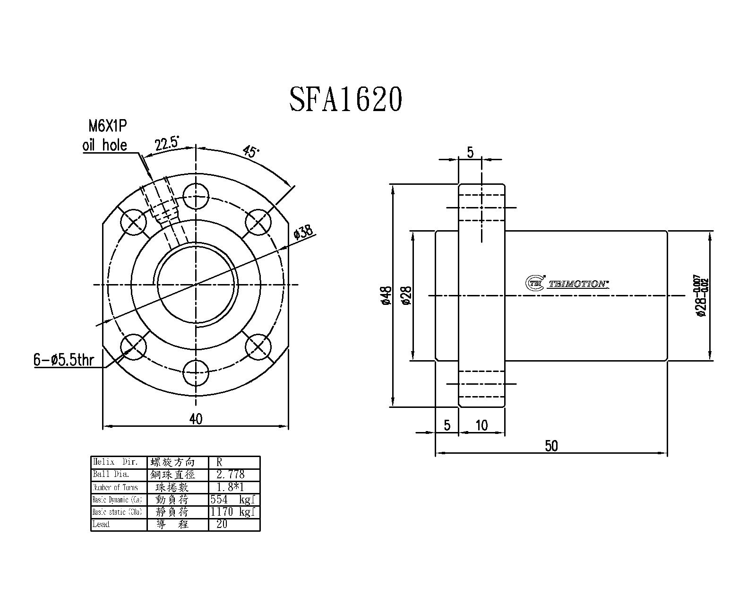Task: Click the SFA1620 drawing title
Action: tap(345, 99)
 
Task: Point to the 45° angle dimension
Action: tap(250, 151)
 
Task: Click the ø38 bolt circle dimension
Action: tap(303, 232)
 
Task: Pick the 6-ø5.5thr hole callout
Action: tap(64, 360)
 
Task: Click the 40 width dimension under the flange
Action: tap(195, 419)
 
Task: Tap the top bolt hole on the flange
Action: tap(196, 196)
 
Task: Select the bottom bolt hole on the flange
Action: tap(196, 373)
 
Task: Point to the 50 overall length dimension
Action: tap(551, 446)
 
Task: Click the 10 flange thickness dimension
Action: tap(481, 425)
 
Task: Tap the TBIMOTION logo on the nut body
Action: tap(567, 283)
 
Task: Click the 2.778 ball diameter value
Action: tap(230, 475)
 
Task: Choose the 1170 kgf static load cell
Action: tap(234, 512)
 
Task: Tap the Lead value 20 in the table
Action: tap(222, 524)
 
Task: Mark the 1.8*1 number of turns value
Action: tap(230, 487)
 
